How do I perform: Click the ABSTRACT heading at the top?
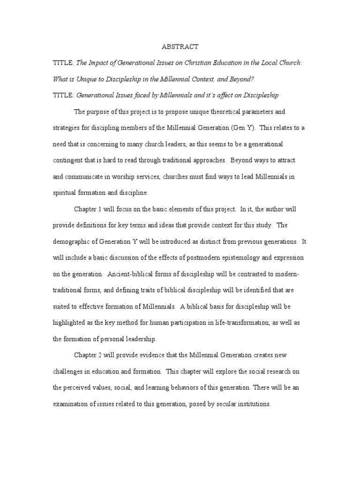coord(180,46)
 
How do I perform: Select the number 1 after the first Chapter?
coord(99,209)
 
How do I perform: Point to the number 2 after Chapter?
coord(100,355)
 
